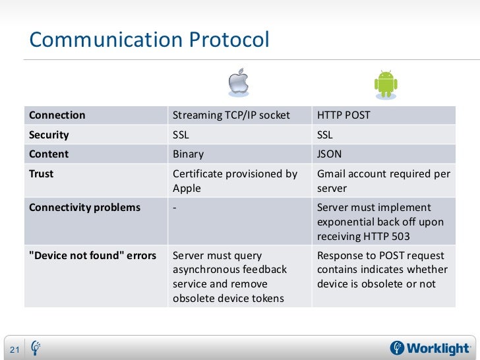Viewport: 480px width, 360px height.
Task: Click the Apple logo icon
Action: [239, 82]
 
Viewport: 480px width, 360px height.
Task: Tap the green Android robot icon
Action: [386, 82]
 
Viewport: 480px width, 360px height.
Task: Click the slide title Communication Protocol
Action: [150, 40]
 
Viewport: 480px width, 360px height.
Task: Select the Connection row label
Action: [57, 115]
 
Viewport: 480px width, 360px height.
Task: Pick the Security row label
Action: [49, 135]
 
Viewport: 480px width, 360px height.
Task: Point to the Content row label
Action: [49, 155]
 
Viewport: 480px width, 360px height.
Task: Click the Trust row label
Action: [42, 175]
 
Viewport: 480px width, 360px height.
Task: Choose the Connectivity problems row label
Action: [85, 208]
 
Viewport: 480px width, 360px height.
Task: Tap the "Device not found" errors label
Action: [92, 256]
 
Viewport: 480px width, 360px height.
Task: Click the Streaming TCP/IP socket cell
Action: [231, 115]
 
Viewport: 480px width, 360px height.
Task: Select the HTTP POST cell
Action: [344, 115]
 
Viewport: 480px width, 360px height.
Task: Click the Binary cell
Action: [188, 155]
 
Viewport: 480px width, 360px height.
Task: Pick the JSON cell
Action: [330, 155]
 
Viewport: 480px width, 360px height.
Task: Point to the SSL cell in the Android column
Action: [325, 135]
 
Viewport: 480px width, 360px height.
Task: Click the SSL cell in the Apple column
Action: [181, 135]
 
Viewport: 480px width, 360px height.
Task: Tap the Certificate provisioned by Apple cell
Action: [235, 181]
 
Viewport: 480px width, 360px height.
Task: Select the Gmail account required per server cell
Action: [383, 181]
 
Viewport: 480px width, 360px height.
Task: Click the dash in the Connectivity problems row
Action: [175, 208]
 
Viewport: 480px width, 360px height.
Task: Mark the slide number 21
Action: [13, 347]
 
